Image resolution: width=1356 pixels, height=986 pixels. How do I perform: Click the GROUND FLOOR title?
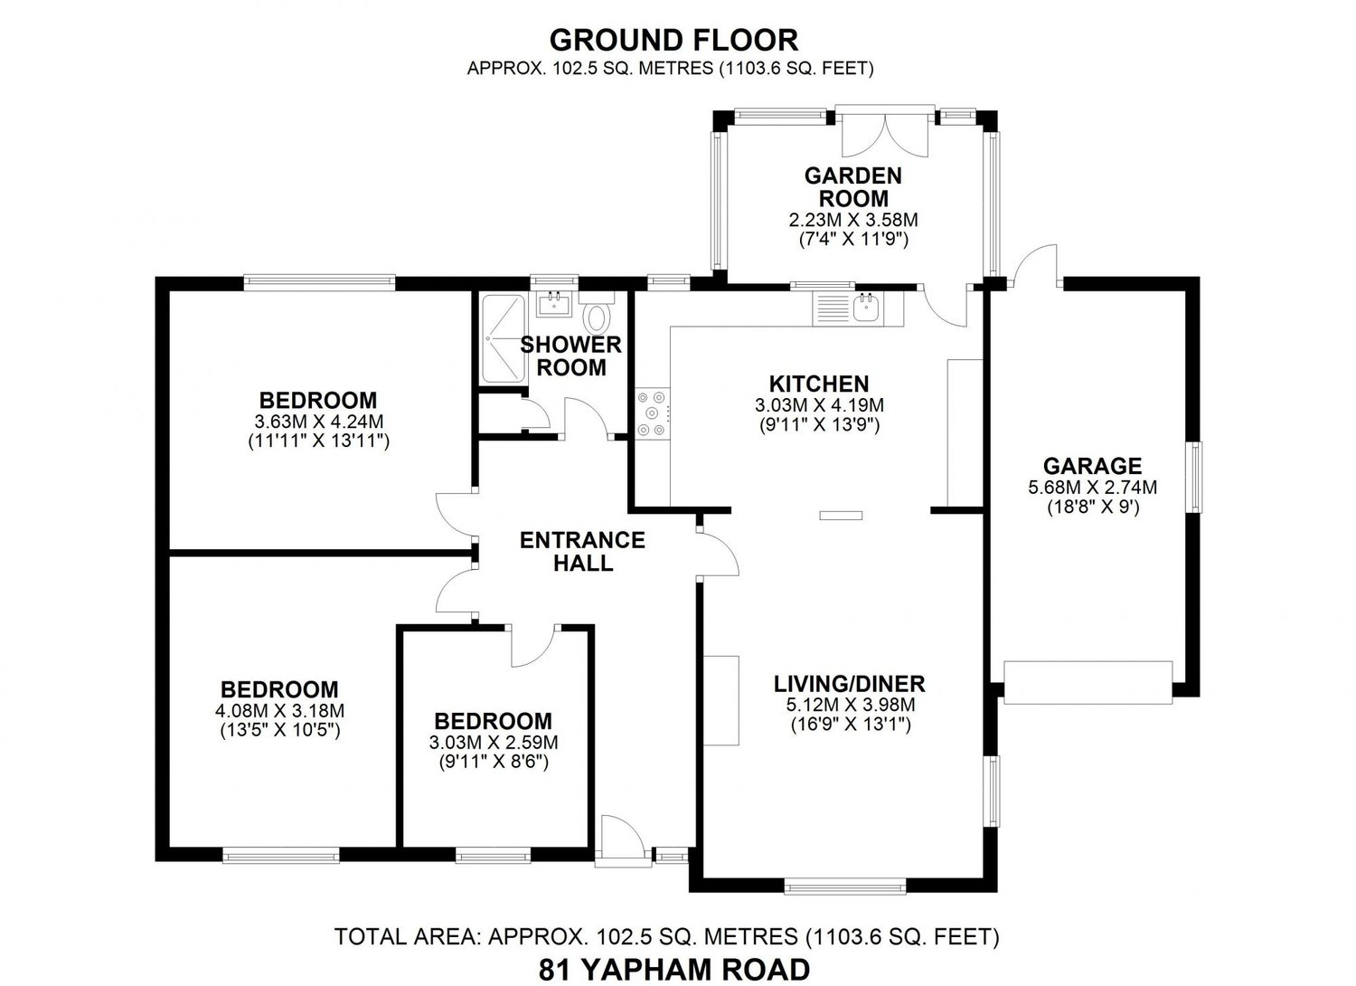[673, 40]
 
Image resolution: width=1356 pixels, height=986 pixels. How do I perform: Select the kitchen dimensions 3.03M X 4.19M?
[819, 405]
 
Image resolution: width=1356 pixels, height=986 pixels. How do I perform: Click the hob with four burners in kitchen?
[653, 412]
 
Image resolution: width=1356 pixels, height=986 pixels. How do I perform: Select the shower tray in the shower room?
[501, 338]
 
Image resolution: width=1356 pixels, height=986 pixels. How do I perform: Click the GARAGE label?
[1092, 466]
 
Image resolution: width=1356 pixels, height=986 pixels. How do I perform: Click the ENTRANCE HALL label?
[582, 551]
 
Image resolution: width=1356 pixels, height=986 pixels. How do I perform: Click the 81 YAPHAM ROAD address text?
[673, 969]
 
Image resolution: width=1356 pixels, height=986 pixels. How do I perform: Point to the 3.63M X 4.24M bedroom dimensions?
[318, 422]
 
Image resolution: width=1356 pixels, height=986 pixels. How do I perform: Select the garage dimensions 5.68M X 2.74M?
[1092, 487]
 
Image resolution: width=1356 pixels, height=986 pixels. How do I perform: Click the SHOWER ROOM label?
[570, 356]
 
